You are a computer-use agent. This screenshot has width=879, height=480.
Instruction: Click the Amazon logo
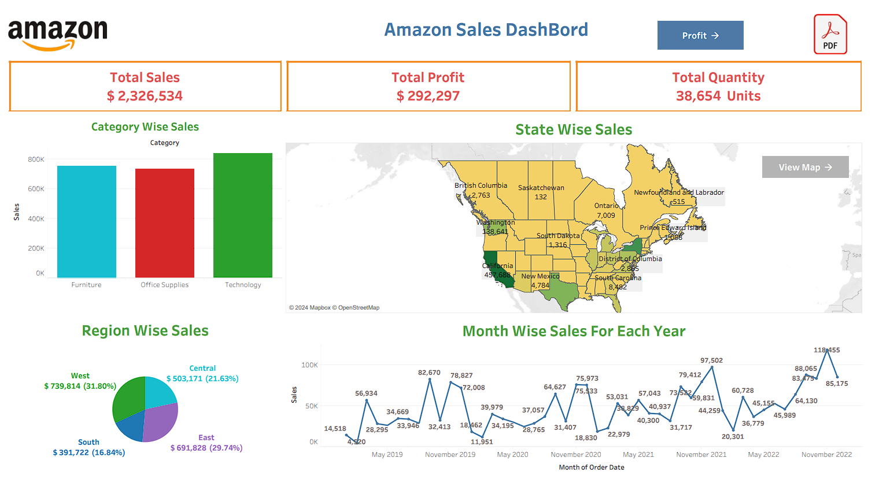coord(58,35)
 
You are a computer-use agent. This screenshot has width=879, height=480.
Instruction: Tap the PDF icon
coord(830,35)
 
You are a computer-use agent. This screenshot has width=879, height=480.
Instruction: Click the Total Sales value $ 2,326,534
coord(145,96)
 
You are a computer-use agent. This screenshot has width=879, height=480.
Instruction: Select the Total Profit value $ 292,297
coord(428,96)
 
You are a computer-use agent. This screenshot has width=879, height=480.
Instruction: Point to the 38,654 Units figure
coord(718,96)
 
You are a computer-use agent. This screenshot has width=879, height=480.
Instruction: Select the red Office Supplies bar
coord(165,223)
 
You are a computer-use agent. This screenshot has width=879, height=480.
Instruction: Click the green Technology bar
coord(243,215)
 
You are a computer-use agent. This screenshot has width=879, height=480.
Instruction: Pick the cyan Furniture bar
coord(87,221)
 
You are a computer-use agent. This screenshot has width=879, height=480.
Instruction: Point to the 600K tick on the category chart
coord(36,189)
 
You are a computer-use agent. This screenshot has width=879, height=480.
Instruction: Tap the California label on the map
coord(498,266)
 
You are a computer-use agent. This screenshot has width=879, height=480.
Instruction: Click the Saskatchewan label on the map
coord(541,188)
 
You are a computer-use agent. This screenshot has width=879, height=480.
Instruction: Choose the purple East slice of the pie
coord(159,423)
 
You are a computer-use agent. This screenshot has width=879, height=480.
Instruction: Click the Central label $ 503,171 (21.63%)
coord(202,378)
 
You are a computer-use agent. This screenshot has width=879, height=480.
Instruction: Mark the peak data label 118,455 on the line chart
coord(826,350)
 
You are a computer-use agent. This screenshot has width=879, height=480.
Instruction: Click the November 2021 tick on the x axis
coord(701,455)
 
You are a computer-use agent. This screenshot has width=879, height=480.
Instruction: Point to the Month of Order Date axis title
coord(591,467)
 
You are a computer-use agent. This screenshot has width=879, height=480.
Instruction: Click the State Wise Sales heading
coord(574,130)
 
